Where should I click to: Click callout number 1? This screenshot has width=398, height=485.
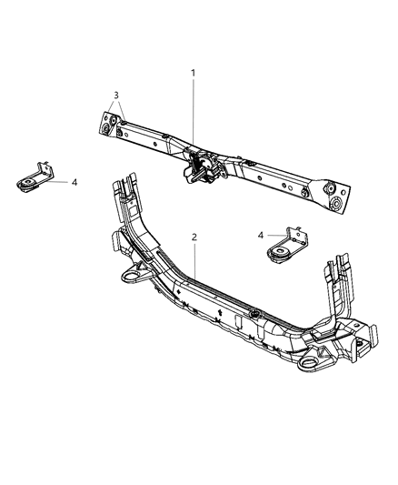tap(192, 73)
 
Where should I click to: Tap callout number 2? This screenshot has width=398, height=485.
tap(194, 237)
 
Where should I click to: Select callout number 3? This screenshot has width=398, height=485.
tap(115, 96)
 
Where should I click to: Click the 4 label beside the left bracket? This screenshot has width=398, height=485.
tap(75, 182)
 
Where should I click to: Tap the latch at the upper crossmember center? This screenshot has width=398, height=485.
tap(201, 168)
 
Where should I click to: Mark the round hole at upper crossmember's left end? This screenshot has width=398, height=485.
tap(108, 131)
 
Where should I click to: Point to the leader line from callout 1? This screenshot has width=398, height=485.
tap(192, 109)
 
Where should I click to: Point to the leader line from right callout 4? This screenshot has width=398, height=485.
tap(274, 235)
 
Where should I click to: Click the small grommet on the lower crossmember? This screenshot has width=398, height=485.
tap(256, 315)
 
